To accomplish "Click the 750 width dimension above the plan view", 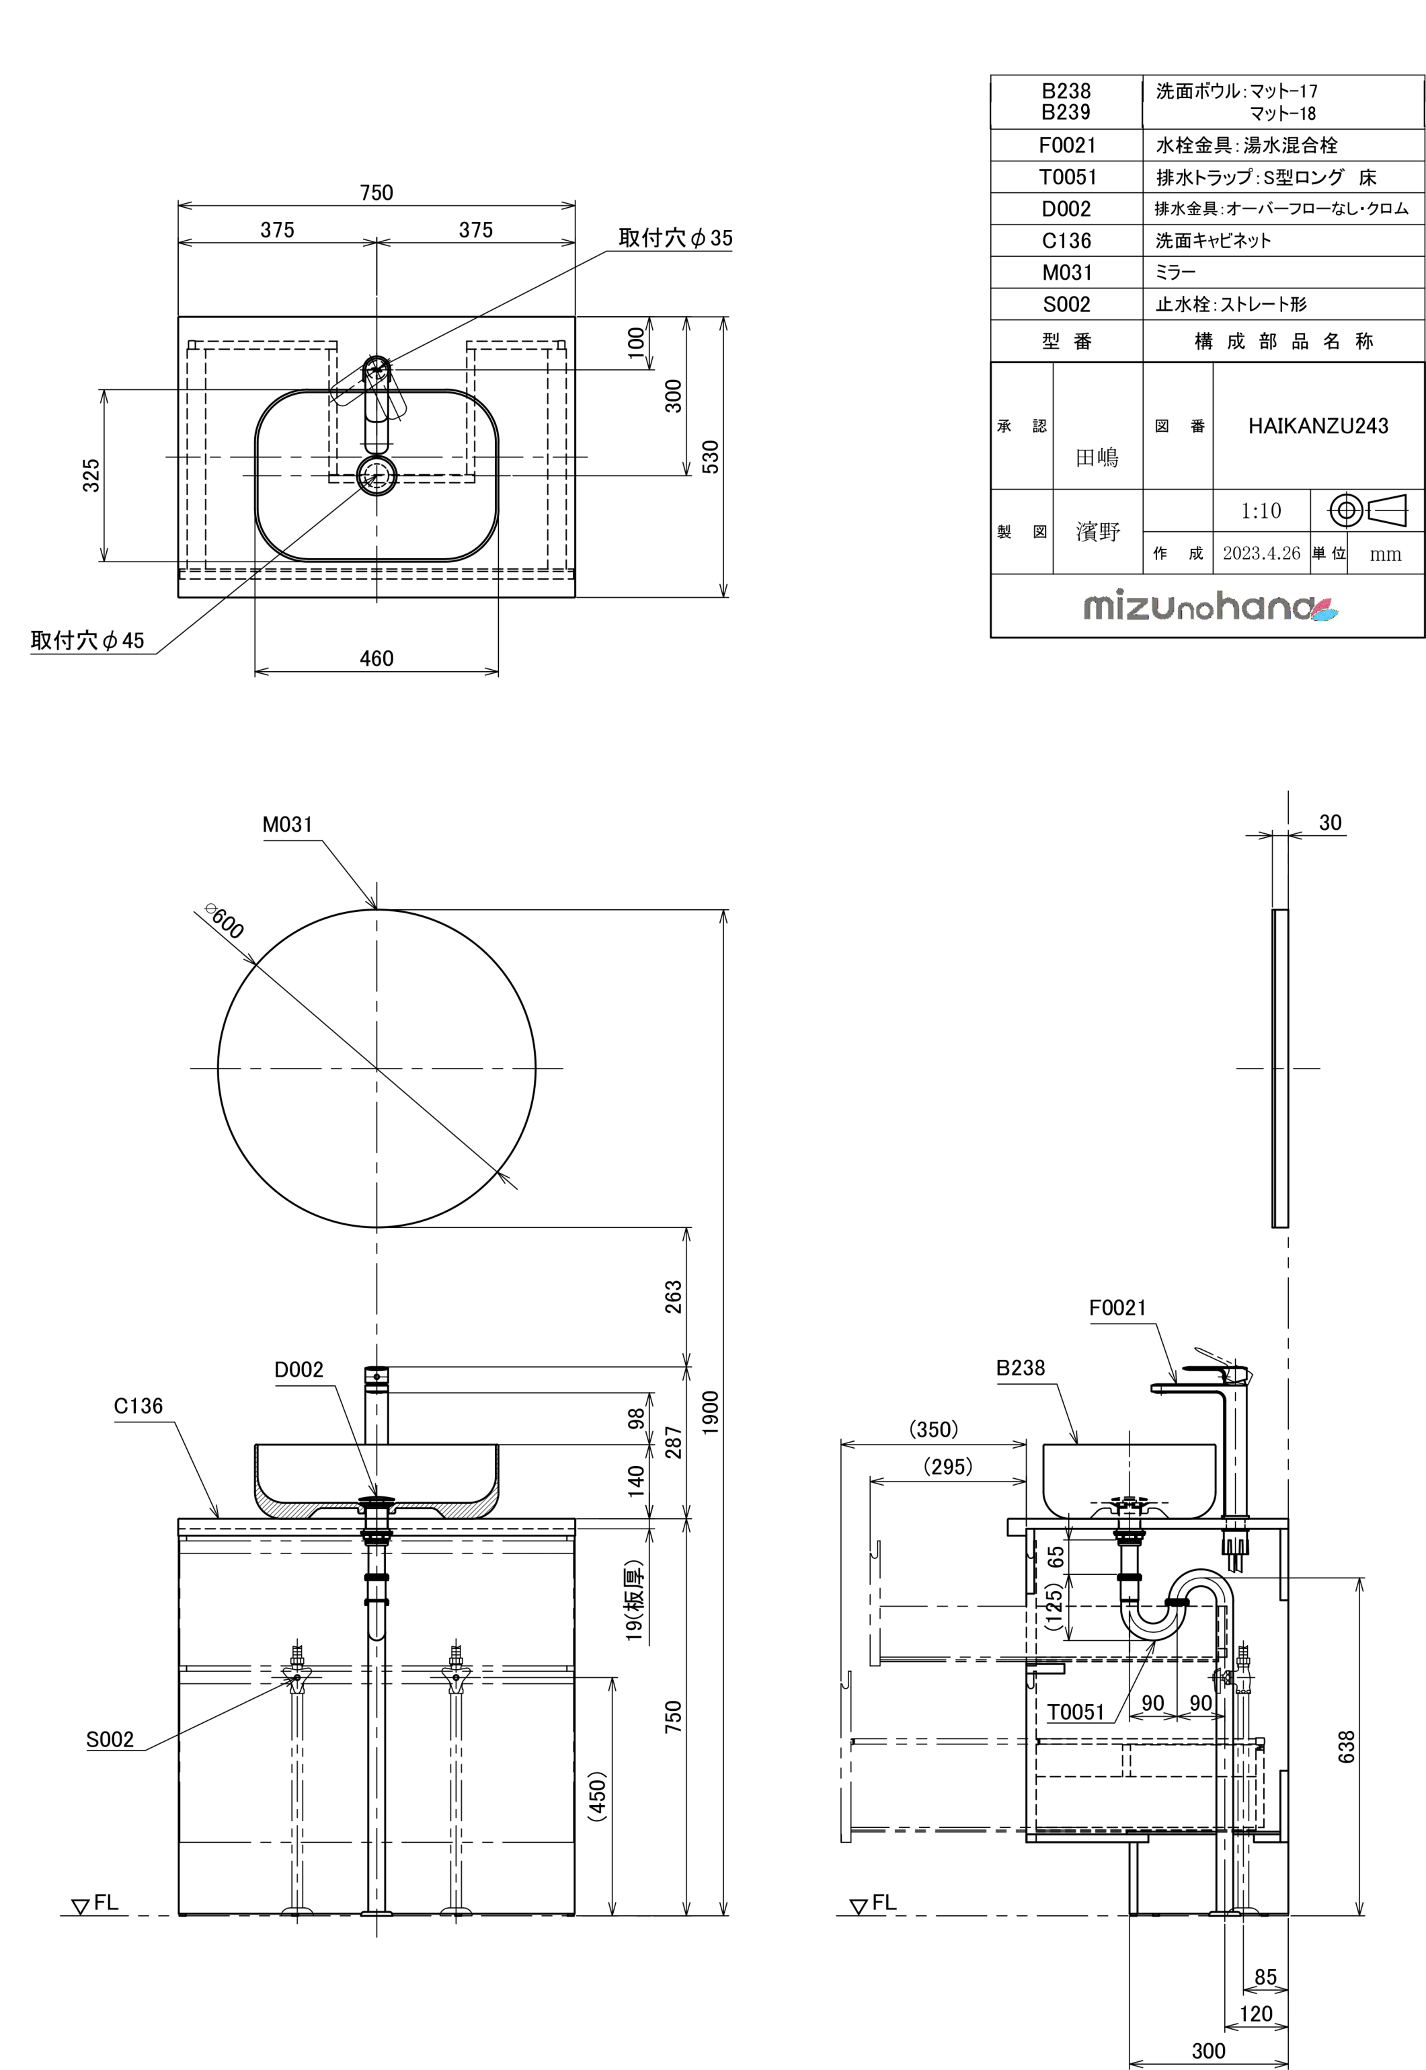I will coord(376,193).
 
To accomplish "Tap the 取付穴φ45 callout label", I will coord(87,641).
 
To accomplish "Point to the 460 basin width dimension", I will coord(376,658).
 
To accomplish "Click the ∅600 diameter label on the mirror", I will coord(225,921).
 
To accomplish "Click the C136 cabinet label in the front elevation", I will coord(138,1406).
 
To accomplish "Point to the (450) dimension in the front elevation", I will coord(597,1796).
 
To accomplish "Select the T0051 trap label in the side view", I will coord(1076,1712).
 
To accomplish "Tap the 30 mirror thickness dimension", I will coord(1329,823).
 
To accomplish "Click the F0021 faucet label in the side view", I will coord(1117,1307).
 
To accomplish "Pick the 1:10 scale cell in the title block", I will coord(1261,511).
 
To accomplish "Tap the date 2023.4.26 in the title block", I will coord(1261,553).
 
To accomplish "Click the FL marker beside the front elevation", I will coord(95,1902).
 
